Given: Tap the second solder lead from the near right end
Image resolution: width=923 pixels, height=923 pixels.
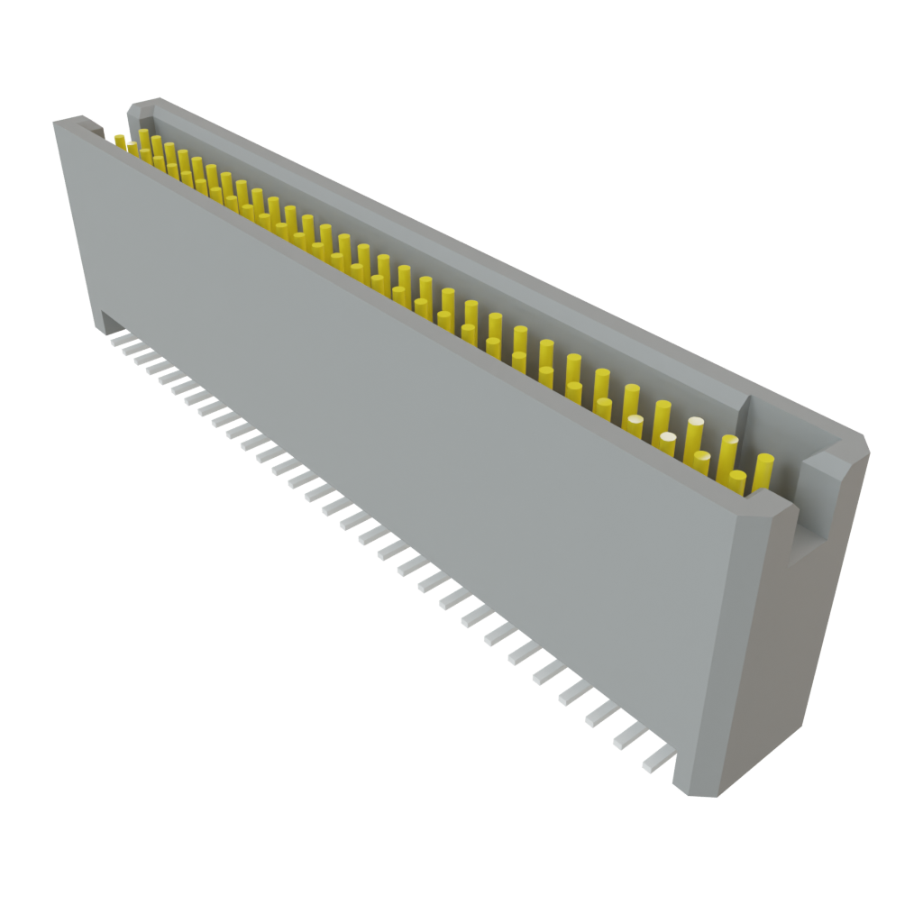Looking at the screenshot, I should (x=630, y=736).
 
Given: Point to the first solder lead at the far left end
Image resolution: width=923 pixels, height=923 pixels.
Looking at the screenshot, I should (x=116, y=340).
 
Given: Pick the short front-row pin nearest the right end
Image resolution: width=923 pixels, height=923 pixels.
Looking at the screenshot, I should (x=737, y=483).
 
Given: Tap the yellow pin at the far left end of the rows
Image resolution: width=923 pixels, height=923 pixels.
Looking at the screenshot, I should (x=120, y=142).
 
